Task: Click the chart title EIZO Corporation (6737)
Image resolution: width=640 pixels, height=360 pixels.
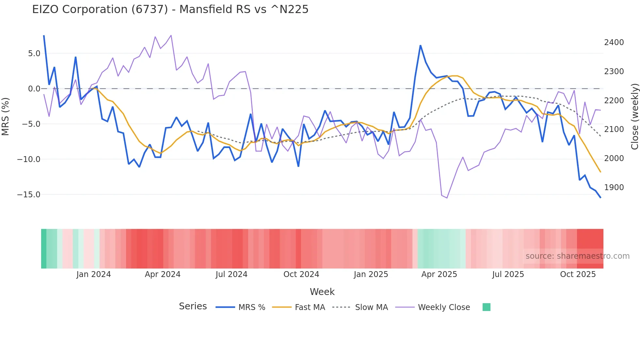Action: (x=170, y=9)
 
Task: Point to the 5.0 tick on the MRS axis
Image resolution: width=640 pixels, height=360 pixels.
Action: (x=34, y=53)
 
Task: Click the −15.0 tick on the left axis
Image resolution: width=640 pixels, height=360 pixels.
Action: (x=29, y=195)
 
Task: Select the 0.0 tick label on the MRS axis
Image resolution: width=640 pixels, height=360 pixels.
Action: (x=34, y=89)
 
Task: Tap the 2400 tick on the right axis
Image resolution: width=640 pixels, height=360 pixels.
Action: (x=614, y=42)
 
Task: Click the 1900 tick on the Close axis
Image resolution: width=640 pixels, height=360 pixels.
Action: (x=614, y=188)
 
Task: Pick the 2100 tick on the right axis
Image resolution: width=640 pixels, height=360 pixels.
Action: (x=614, y=129)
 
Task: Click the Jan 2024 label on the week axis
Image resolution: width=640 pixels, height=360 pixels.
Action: (x=93, y=274)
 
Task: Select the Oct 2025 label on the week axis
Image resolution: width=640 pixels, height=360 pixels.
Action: (x=578, y=274)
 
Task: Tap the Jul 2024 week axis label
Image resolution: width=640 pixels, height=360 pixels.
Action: (x=231, y=274)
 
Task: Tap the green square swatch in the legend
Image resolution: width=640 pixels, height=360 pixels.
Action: (x=486, y=307)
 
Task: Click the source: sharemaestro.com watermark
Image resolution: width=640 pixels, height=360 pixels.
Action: (x=577, y=256)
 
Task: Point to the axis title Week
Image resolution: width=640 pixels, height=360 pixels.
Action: (x=322, y=292)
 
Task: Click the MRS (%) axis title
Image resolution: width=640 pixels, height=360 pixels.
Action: (x=6, y=116)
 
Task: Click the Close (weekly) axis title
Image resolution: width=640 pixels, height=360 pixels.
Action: (x=634, y=116)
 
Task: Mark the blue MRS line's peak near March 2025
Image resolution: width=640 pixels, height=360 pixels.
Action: (x=421, y=46)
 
